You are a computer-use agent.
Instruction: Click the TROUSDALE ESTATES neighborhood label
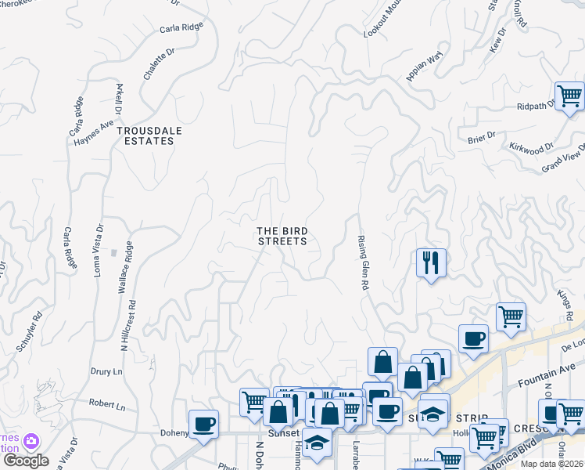[x=145, y=136]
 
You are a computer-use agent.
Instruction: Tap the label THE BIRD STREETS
[x=282, y=236]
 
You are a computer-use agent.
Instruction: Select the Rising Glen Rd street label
[x=363, y=262]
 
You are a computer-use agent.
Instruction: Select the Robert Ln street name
[x=107, y=406]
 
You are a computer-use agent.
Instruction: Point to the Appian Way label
[x=425, y=65]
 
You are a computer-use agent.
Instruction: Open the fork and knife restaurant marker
[x=431, y=262]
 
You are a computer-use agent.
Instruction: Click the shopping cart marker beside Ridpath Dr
[x=570, y=96]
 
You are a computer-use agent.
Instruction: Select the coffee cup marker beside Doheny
[x=204, y=424]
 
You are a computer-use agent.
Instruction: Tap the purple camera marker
[x=31, y=442]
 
